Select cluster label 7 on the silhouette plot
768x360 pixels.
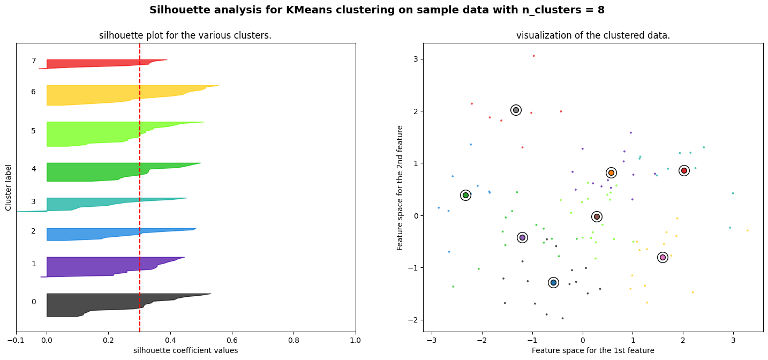[33, 61]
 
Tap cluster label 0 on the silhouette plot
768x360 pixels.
[33, 302]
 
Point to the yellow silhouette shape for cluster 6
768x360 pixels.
[107, 95]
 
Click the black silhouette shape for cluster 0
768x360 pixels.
[107, 305]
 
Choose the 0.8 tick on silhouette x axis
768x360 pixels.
[293, 340]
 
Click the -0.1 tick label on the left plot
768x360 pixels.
[16, 340]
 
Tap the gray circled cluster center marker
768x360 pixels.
[516, 110]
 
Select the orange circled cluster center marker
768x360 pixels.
[611, 172]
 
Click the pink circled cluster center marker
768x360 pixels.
[662, 258]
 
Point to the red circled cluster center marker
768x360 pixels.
[684, 170]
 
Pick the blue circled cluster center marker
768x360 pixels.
[553, 282]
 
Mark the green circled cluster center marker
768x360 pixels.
[465, 195]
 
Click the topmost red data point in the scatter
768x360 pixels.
[533, 56]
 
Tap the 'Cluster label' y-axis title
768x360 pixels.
[9, 187]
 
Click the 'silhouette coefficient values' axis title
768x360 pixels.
[185, 350]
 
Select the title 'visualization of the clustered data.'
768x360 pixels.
[593, 35]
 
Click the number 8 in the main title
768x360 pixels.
[601, 10]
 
